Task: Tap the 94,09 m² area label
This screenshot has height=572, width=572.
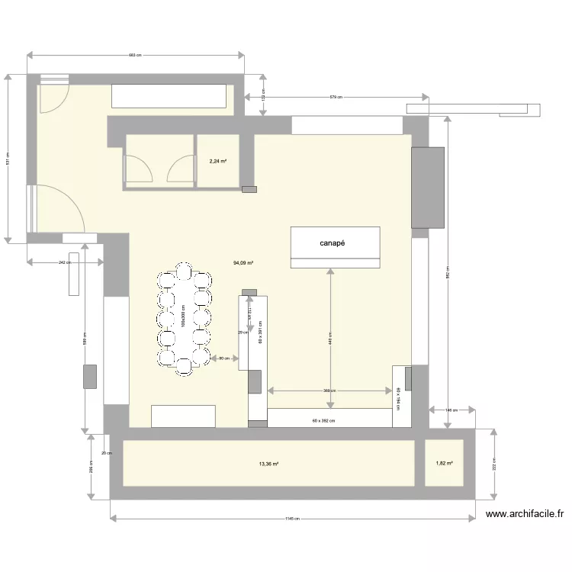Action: point(243,263)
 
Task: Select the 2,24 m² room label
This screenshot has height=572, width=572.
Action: point(218,161)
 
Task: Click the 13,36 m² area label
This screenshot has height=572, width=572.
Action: point(269,463)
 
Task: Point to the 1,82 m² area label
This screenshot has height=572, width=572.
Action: point(444,463)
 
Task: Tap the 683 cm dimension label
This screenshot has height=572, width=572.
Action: point(135,56)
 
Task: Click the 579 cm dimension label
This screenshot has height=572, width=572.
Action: point(336,97)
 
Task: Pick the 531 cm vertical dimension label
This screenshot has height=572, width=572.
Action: point(8,160)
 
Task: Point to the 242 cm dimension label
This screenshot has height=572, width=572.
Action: point(64,262)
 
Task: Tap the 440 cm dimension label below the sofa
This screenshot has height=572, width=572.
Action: point(329,338)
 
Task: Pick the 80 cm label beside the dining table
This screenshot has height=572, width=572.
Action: point(223,358)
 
